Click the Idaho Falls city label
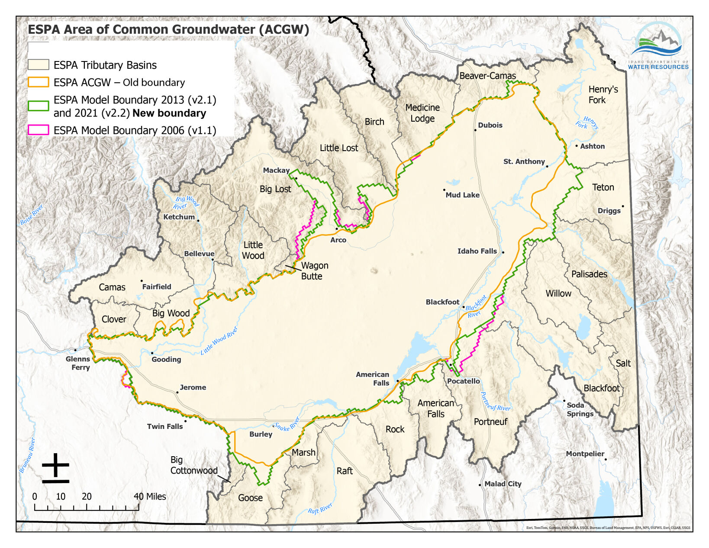coord(477,251)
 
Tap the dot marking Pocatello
coord(451,365)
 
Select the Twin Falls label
coord(165,426)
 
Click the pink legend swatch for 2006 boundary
coord(38,130)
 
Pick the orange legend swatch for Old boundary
coord(38,82)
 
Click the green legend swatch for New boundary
coord(38,106)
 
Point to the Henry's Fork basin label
coord(603,94)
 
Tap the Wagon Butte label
coord(314,271)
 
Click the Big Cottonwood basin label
coord(193,465)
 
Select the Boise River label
coord(32,215)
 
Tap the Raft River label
coord(320,509)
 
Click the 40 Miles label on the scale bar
coord(150,496)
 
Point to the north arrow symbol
coord(55,468)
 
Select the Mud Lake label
coord(462,195)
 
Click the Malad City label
coord(503,484)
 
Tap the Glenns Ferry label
coord(78,363)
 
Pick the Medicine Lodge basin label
coord(422,113)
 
